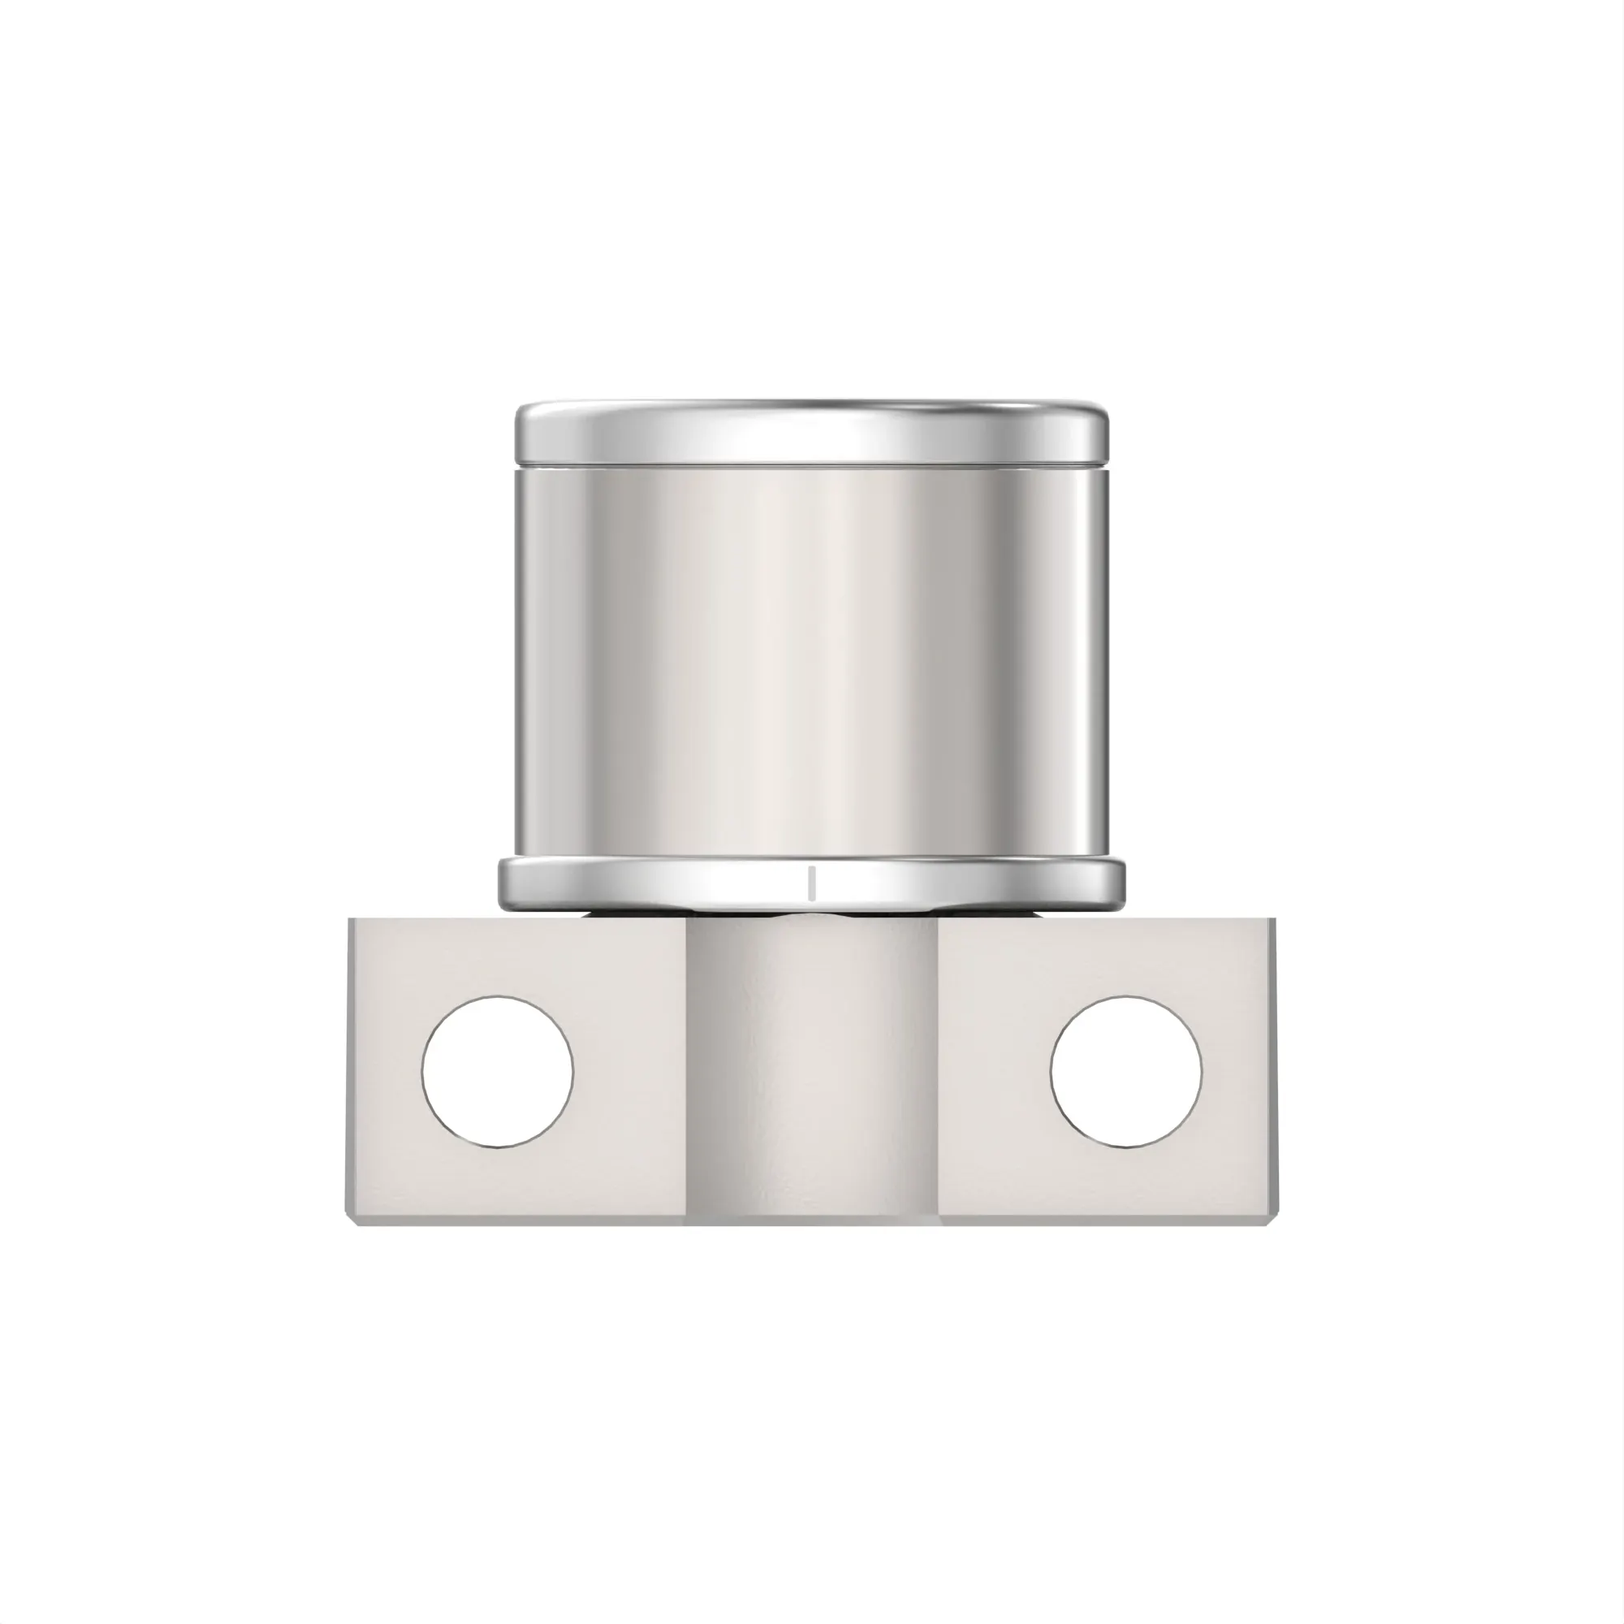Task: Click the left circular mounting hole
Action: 498,1072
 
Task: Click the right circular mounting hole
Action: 1125,1072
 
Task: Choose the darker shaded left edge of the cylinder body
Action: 525,655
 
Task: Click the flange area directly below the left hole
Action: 498,1186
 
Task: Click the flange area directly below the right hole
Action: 1125,1186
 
